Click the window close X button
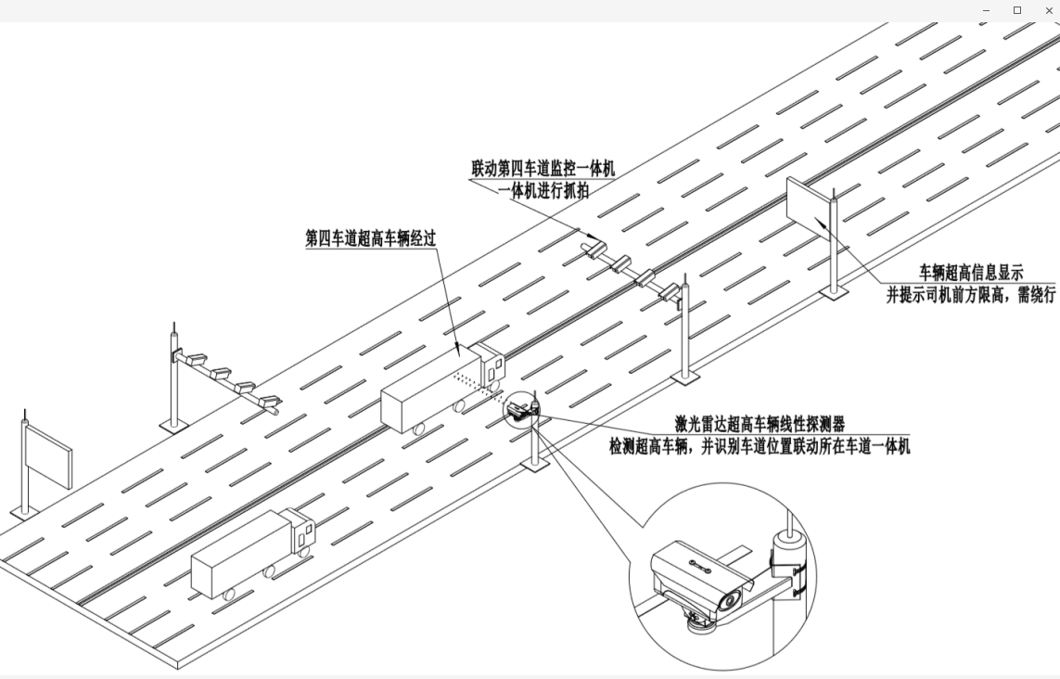(x=1049, y=10)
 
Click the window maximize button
(x=1017, y=10)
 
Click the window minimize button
(x=986, y=10)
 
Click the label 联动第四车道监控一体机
(x=543, y=169)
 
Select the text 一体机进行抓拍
(x=543, y=190)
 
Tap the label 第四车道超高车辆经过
(x=370, y=237)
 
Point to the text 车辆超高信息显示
(x=971, y=273)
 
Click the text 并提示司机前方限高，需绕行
(x=971, y=295)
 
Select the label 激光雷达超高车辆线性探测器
(x=760, y=425)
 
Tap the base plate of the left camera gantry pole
(x=173, y=425)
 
